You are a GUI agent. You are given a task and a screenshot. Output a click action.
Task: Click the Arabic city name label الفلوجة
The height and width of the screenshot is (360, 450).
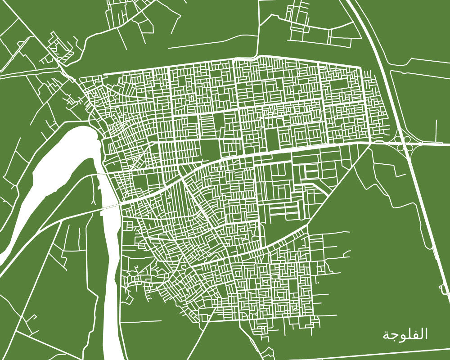[405, 335]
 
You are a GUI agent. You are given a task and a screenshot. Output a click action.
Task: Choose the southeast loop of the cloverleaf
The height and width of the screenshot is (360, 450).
[411, 147]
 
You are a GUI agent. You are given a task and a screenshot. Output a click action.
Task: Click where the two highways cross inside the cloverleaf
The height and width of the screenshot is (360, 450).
[405, 143]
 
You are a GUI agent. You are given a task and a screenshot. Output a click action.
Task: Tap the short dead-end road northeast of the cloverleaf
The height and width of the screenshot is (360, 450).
[436, 130]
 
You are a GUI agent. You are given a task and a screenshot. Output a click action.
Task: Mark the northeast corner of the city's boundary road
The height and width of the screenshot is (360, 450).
[360, 67]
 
